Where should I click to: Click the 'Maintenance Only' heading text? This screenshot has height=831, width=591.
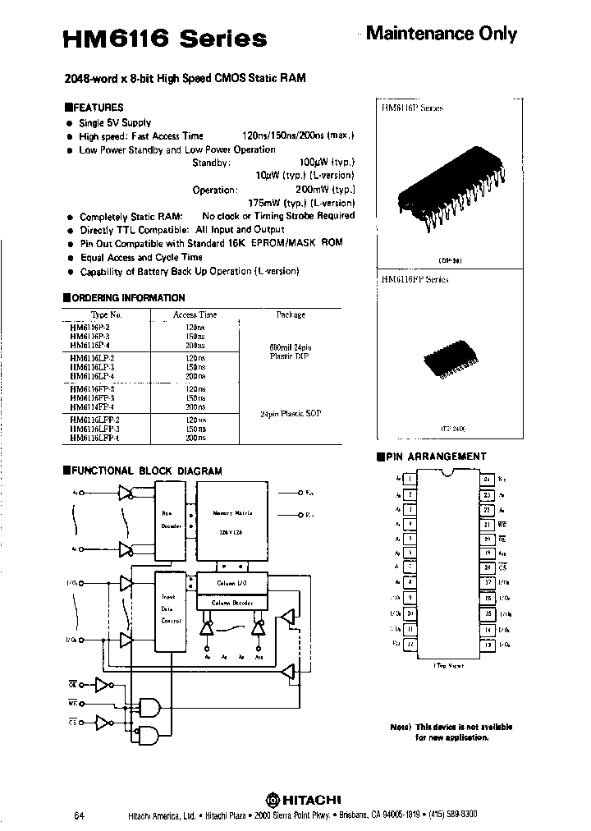(x=441, y=34)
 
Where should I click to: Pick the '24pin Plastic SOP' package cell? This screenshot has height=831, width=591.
(x=291, y=413)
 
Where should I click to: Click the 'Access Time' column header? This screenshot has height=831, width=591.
(x=195, y=314)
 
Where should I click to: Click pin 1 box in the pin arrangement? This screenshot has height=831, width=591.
(x=410, y=479)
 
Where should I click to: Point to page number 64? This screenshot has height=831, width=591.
(x=79, y=815)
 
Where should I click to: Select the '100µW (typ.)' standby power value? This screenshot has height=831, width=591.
(x=327, y=163)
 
